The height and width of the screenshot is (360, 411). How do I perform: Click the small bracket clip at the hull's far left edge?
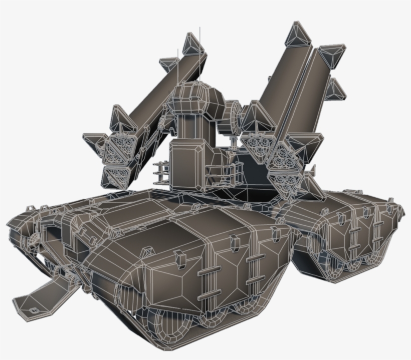(30, 207)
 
